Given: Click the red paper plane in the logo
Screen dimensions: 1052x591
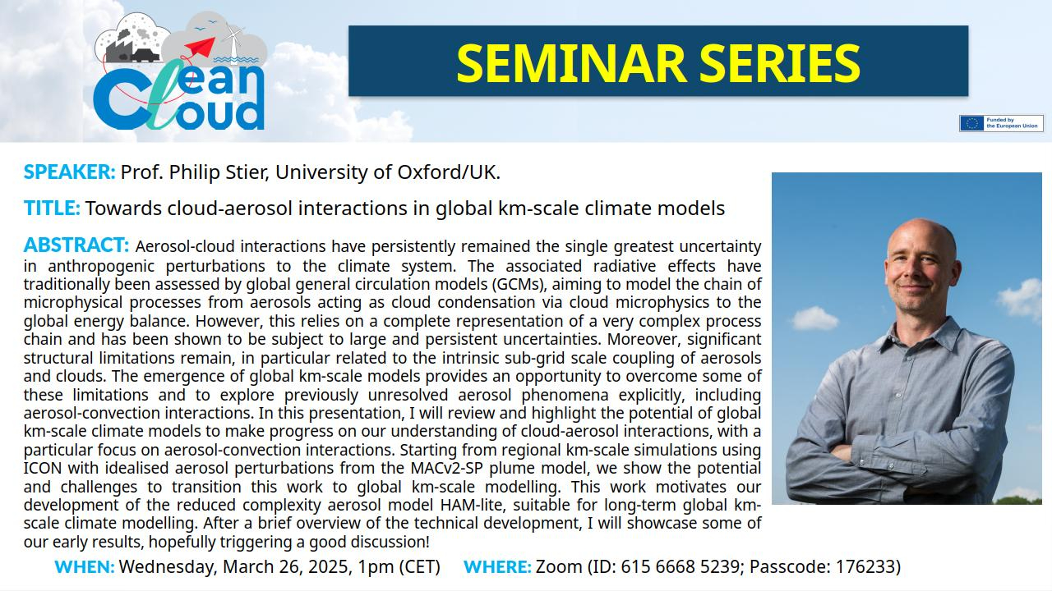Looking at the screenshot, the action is [201, 47].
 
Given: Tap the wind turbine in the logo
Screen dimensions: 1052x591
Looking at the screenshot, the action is [232, 40].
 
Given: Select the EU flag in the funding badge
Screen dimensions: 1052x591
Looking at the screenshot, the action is [972, 123].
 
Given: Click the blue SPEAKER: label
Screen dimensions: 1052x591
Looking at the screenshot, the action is [69, 172].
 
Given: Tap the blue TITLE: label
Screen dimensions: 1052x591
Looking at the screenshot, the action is [52, 208].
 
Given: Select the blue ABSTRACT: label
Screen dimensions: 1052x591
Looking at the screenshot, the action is [76, 245].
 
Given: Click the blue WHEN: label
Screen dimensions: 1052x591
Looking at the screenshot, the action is [85, 566].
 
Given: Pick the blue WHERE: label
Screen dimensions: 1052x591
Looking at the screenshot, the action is [497, 566].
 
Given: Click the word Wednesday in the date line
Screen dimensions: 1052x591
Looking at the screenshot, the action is [166, 567].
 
